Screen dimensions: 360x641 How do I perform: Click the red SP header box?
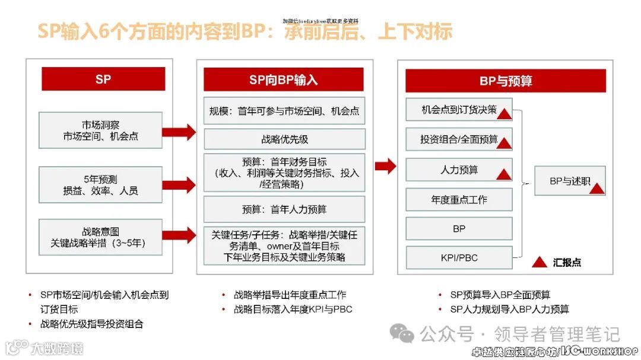[x=103, y=79]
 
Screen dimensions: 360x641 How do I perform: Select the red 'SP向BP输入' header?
[x=283, y=79]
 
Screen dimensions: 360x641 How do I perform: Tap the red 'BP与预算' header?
[x=505, y=81]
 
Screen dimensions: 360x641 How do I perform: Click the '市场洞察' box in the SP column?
[x=100, y=130]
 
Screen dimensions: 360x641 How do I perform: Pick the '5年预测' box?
[x=100, y=185]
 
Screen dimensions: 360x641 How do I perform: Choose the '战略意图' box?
[x=100, y=237]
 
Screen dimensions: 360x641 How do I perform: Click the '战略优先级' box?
[x=284, y=139]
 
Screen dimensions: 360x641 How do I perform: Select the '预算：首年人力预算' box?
[x=284, y=209]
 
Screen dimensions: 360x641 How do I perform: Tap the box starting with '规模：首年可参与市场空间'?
[x=284, y=111]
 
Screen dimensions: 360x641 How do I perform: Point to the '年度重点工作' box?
[x=459, y=200]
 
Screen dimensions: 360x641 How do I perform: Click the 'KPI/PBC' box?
[x=459, y=257]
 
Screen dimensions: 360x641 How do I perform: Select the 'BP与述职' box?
[x=569, y=181]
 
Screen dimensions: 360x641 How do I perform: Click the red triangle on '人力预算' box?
[x=504, y=174]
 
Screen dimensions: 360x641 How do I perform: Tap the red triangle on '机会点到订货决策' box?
[x=504, y=114]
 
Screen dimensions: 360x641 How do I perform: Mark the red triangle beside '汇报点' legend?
[x=539, y=262]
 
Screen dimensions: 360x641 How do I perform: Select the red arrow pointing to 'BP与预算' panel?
[x=385, y=166]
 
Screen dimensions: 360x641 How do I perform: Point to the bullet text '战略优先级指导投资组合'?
[x=91, y=324]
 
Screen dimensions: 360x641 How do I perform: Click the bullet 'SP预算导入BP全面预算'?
[x=500, y=295]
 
